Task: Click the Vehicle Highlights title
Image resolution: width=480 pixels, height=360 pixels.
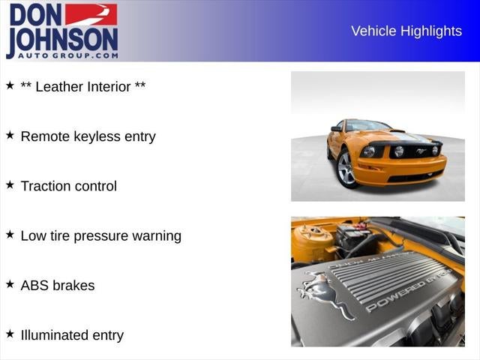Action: [x=406, y=31]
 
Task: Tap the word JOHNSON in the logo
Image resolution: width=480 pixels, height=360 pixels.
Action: [x=62, y=39]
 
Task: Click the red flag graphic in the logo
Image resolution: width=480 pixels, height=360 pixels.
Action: [x=91, y=14]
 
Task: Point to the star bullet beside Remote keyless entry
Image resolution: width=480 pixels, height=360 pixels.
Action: [x=10, y=135]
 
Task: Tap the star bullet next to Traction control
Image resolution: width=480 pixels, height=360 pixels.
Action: [x=10, y=184]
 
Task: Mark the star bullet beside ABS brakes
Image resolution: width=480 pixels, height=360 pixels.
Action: [x=10, y=283]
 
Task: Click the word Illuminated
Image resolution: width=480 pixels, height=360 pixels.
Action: [x=54, y=335]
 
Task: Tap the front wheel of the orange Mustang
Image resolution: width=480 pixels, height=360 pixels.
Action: [x=346, y=168]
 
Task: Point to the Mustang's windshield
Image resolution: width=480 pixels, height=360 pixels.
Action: [x=367, y=126]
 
